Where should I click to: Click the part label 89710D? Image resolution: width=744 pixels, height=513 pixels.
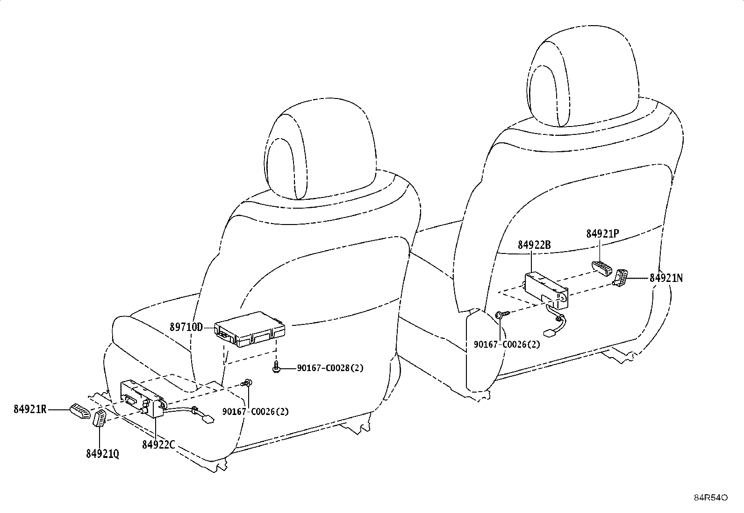click(x=186, y=327)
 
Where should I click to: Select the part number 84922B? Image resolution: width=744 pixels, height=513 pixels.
click(x=534, y=245)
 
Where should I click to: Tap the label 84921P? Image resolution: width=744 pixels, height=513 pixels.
click(x=602, y=233)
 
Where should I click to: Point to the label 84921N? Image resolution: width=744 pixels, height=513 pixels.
click(x=666, y=278)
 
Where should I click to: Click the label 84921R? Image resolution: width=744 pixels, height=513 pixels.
click(x=30, y=409)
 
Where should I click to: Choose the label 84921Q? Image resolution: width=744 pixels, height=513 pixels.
click(x=103, y=454)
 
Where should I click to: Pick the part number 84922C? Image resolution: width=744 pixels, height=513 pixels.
click(x=158, y=444)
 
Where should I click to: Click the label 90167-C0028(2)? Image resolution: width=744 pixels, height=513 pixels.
click(x=330, y=368)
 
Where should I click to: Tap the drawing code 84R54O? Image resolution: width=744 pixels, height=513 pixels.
click(x=710, y=498)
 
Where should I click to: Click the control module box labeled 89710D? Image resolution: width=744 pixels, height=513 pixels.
click(x=250, y=329)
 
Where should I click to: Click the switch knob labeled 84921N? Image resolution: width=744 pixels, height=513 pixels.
click(x=620, y=278)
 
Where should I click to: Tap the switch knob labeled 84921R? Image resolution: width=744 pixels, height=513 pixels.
click(x=80, y=411)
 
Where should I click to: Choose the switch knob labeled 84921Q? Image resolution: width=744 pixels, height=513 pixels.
click(x=100, y=419)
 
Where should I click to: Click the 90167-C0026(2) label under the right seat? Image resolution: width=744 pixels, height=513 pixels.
click(x=507, y=344)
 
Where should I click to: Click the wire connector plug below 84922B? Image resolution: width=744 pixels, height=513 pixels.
click(x=548, y=332)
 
